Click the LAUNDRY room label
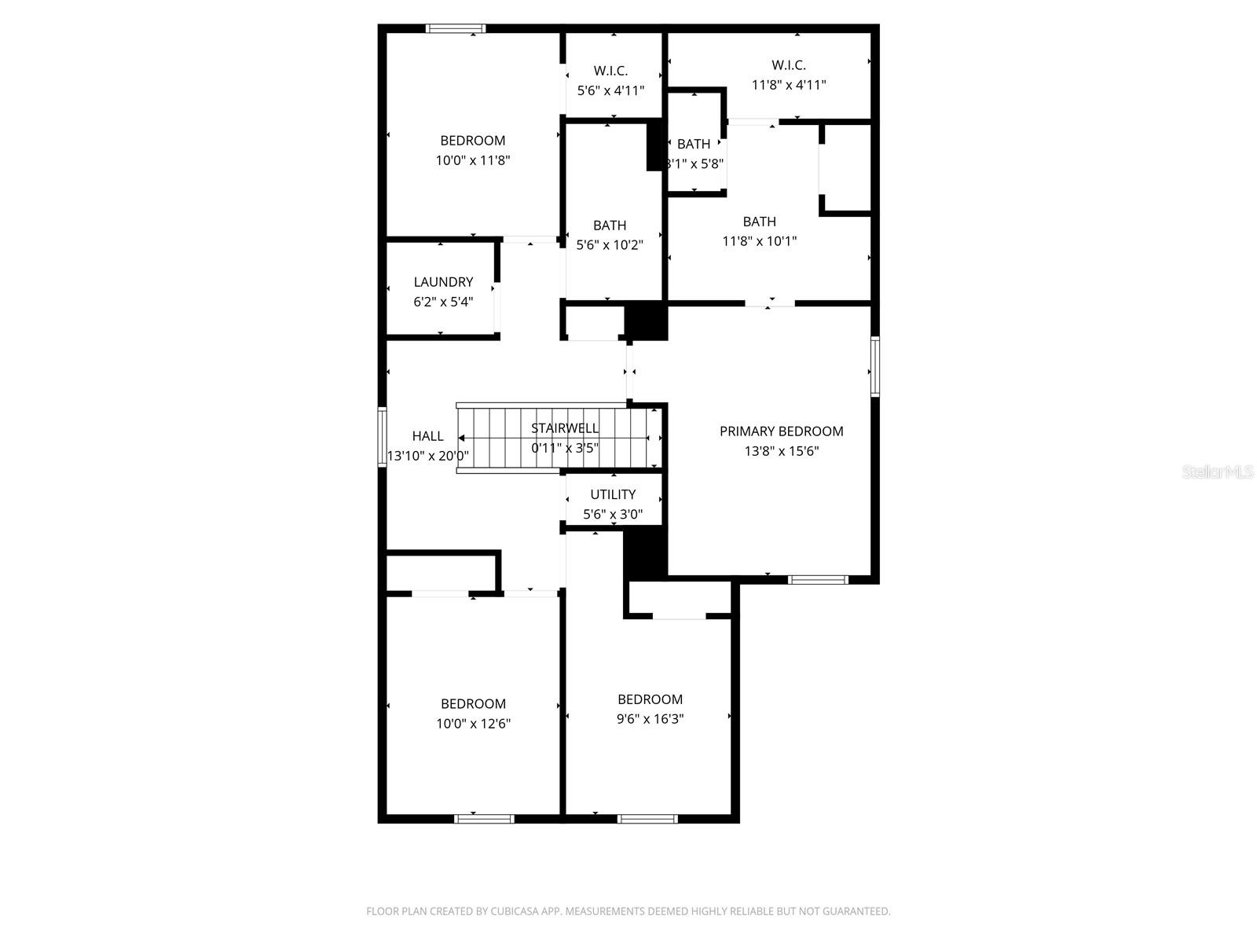click(443, 282)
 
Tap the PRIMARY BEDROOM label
click(781, 431)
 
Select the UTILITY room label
click(613, 494)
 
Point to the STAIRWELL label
click(564, 428)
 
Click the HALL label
click(427, 436)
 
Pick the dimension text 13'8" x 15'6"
click(781, 451)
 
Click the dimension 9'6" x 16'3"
click(650, 719)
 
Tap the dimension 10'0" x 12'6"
click(473, 724)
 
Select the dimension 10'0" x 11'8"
click(473, 160)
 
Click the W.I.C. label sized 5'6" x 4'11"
click(610, 71)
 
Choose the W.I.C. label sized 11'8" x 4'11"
click(788, 65)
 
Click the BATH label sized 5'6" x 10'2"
click(610, 226)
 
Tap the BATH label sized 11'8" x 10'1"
click(759, 222)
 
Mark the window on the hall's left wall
click(382, 437)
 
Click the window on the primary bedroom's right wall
click(874, 365)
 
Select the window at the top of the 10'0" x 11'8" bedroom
click(455, 29)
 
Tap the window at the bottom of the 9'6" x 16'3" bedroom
click(647, 819)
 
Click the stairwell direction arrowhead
click(464, 438)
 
